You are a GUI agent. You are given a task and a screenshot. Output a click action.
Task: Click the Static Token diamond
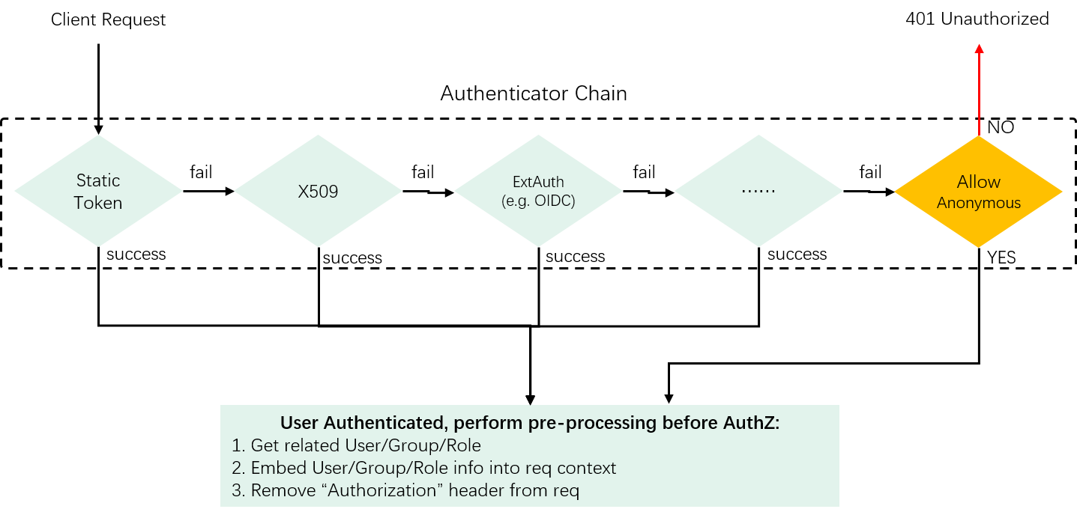click(98, 191)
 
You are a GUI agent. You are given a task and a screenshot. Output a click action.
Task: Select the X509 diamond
click(318, 191)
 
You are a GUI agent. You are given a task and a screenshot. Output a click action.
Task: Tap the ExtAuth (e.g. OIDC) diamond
click(538, 191)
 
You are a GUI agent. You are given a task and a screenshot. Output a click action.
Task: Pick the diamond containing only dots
click(758, 191)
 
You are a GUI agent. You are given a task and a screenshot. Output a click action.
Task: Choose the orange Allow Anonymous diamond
click(978, 192)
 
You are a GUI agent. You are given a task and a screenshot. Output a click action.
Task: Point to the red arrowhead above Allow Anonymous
click(979, 49)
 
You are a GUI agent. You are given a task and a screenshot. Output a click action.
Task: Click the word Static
click(98, 180)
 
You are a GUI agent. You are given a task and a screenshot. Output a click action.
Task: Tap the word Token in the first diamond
click(98, 203)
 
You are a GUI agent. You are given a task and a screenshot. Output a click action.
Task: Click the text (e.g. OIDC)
click(538, 201)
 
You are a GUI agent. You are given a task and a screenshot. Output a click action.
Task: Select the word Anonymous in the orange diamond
click(979, 203)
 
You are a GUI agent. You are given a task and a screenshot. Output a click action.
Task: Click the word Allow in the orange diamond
click(979, 182)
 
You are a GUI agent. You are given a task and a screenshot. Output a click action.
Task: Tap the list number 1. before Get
click(239, 446)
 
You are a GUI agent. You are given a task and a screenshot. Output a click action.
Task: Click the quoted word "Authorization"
click(365, 491)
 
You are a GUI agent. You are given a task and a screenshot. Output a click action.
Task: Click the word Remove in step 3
click(277, 491)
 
